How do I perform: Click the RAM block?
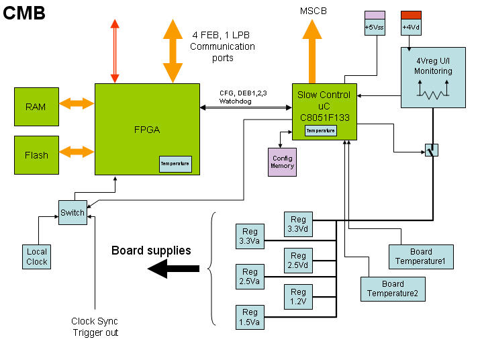(x=36, y=106)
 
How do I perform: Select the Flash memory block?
(x=36, y=155)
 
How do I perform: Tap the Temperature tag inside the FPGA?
(x=175, y=163)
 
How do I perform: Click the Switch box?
(x=73, y=213)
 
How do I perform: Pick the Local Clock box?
(x=37, y=257)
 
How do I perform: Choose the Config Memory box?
(x=282, y=162)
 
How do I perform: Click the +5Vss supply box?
(x=375, y=23)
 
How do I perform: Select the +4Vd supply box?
(x=411, y=23)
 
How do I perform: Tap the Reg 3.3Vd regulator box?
(x=298, y=224)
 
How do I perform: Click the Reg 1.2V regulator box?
(x=298, y=297)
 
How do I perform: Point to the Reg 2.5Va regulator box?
(x=250, y=276)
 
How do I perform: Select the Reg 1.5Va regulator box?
(x=250, y=317)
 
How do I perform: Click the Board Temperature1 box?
(x=421, y=257)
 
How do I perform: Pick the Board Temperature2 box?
(x=393, y=289)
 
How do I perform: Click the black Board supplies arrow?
(x=173, y=269)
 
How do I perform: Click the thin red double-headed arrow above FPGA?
(x=115, y=51)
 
